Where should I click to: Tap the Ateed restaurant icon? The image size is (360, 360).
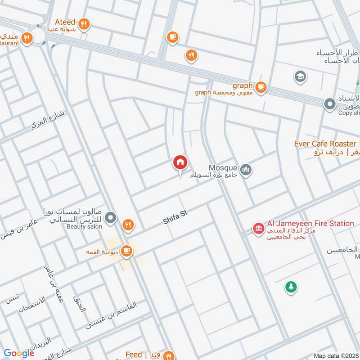[84, 25]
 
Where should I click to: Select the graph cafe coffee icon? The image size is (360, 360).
[261, 86]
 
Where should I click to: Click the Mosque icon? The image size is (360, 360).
[246, 170]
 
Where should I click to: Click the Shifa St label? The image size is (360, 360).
[175, 218]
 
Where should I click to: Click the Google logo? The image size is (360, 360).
[18, 353]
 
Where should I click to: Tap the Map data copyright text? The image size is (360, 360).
[335, 356]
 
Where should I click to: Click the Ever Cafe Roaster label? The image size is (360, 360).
[324, 144]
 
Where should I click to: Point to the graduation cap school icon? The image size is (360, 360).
[300, 76]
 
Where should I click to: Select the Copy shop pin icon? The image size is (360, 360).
[330, 105]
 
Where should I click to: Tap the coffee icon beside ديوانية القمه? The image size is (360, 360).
[126, 251]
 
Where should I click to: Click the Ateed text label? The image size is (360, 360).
[65, 22]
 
